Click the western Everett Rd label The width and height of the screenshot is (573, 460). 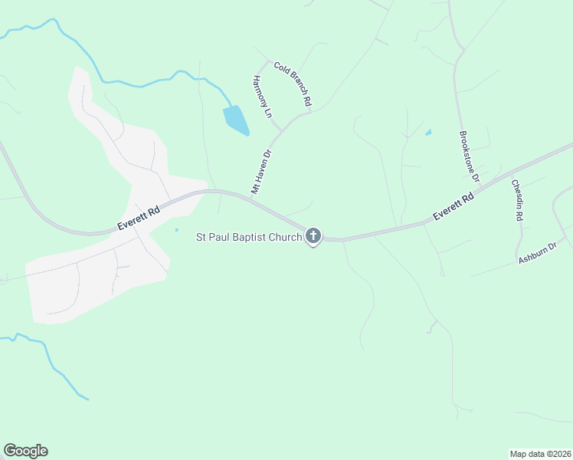pyautogui.click(x=139, y=218)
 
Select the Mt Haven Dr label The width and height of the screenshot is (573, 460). pyautogui.click(x=262, y=171)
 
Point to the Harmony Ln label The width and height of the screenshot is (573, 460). pyautogui.click(x=263, y=96)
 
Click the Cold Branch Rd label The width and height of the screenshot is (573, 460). pyautogui.click(x=293, y=84)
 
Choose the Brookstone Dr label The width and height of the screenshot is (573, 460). pyautogui.click(x=469, y=156)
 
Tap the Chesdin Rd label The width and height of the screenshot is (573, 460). pyautogui.click(x=519, y=201)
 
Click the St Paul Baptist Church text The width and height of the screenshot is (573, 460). pyautogui.click(x=249, y=237)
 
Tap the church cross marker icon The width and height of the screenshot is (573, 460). pyautogui.click(x=313, y=236)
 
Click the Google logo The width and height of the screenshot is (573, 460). pyautogui.click(x=26, y=451)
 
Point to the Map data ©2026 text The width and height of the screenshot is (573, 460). pyautogui.click(x=540, y=453)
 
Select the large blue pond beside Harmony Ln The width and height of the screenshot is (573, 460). pyautogui.click(x=235, y=120)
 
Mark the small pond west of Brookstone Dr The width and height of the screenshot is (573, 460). pyautogui.click(x=428, y=133)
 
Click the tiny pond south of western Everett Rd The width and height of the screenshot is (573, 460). pyautogui.click(x=176, y=229)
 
